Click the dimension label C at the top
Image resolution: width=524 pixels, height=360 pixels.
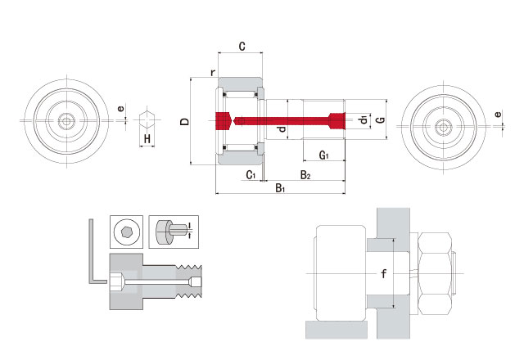pos(242,47)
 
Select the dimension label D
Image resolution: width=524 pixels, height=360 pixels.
pos(185,121)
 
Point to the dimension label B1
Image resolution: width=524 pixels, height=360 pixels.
pos(279,188)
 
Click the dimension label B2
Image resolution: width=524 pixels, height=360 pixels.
pos(304,175)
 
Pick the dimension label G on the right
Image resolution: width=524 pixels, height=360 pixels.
pos(379,120)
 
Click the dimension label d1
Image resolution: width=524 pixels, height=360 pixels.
pos(362,121)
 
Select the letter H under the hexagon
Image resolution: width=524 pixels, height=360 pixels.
pos(147,140)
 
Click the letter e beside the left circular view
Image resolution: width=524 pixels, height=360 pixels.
pos(120,109)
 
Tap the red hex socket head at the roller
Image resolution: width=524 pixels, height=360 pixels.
pos(222,120)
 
